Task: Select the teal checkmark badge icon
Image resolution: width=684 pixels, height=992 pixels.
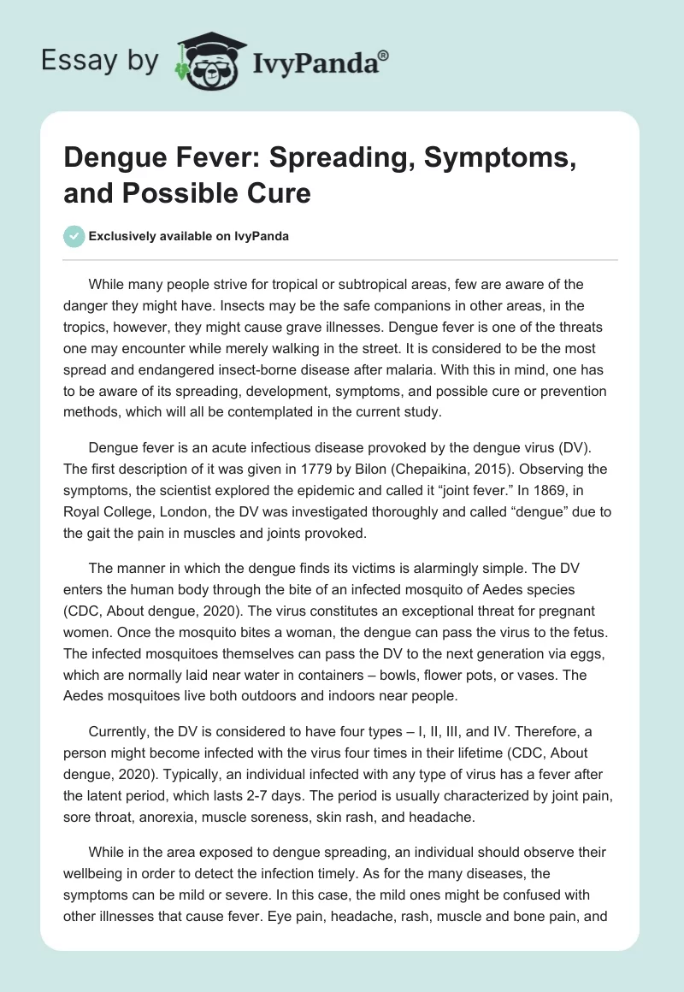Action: coord(75,237)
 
